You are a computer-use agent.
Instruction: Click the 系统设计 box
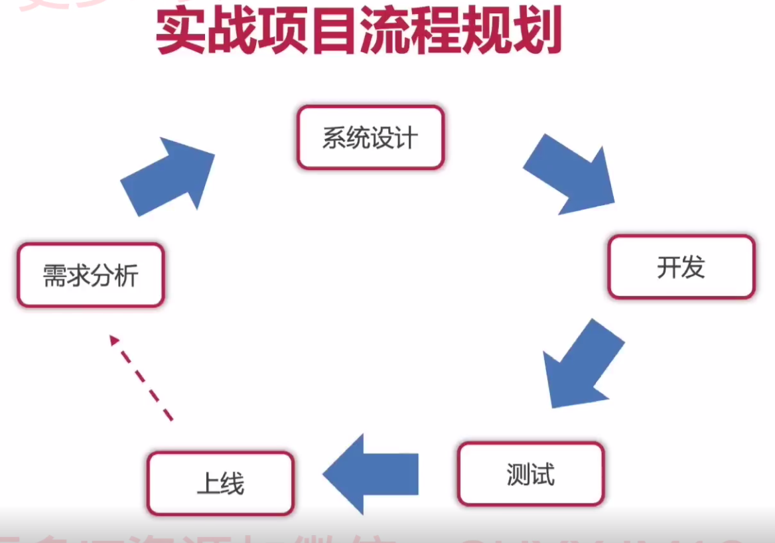click(x=370, y=137)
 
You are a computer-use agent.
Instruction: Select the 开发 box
click(x=681, y=267)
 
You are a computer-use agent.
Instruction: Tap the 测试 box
click(x=531, y=474)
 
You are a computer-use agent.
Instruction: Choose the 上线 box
click(x=220, y=483)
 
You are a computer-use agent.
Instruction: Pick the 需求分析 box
click(x=90, y=275)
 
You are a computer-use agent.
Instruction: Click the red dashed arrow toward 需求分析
click(x=142, y=378)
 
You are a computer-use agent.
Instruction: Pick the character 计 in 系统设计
click(x=406, y=138)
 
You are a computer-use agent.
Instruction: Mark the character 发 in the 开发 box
click(x=693, y=267)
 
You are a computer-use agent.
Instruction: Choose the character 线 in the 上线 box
click(x=232, y=484)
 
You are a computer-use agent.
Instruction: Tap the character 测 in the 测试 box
click(x=518, y=475)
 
